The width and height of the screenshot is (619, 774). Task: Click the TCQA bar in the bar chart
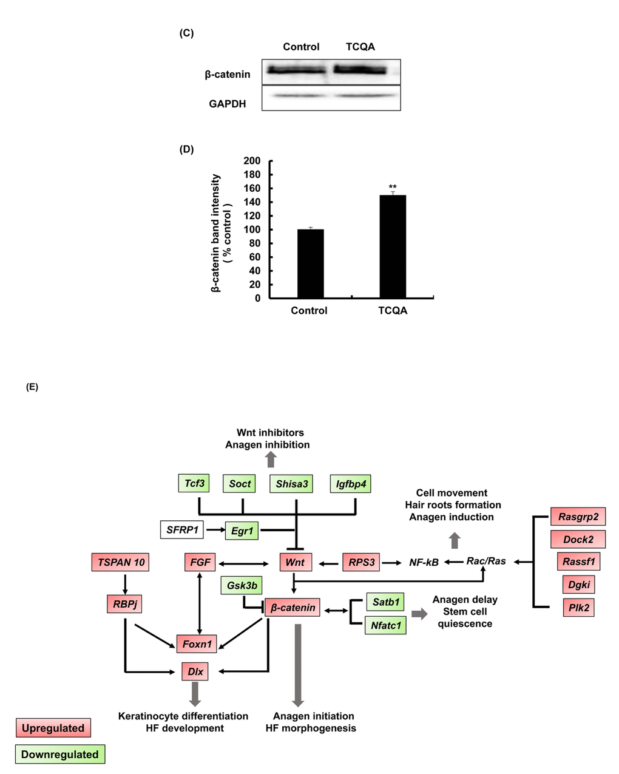point(393,246)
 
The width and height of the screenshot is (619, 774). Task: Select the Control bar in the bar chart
point(310,263)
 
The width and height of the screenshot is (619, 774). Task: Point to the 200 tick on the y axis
point(252,161)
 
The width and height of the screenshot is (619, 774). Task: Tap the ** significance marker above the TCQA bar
point(393,187)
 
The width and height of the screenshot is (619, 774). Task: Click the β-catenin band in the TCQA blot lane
point(360,70)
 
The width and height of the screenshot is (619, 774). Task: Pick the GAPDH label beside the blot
point(228,104)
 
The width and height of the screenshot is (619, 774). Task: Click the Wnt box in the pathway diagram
point(295,562)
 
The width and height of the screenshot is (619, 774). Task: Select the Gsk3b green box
point(242,586)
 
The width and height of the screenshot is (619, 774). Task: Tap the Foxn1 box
point(197,644)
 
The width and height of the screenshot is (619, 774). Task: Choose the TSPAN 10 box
point(121,562)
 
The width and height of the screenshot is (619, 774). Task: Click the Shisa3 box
point(292,484)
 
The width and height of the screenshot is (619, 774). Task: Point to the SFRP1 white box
point(182,530)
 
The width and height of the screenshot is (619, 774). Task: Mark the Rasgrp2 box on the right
point(578,517)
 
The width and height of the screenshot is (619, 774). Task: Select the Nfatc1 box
point(385,625)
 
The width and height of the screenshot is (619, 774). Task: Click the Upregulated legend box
point(53,728)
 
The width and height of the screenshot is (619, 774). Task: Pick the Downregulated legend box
point(59,755)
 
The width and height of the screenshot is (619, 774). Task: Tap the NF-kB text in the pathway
point(424,563)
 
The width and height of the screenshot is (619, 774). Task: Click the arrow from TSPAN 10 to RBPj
point(124,583)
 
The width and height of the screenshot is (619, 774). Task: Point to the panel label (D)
point(186,149)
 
